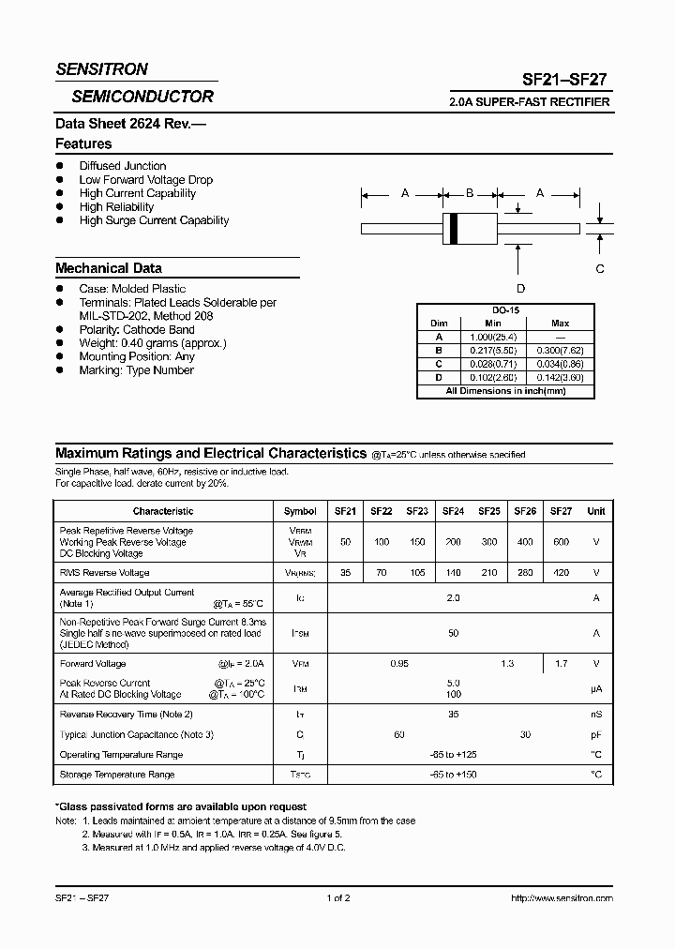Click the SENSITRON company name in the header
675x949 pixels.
[x=101, y=69]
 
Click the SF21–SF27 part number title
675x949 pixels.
[x=564, y=81]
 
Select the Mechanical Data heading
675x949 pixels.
[x=108, y=268]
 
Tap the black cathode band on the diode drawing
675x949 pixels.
[x=454, y=228]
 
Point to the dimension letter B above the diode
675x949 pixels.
[x=470, y=193]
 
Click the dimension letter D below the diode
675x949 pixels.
[x=520, y=288]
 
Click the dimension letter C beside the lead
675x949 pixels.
[x=600, y=268]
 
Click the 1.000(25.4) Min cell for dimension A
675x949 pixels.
[x=493, y=337]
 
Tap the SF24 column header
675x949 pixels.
[x=453, y=511]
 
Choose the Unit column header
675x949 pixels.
[x=596, y=511]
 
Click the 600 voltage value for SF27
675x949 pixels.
[x=561, y=542]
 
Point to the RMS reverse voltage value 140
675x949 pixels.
[x=453, y=572]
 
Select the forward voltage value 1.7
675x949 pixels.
[x=561, y=664]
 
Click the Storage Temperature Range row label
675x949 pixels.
[x=117, y=775]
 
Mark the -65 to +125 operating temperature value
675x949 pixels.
[x=454, y=754]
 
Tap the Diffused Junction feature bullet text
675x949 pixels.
[x=123, y=166]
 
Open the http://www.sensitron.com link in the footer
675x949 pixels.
[x=562, y=898]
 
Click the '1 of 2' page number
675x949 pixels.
[x=337, y=898]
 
